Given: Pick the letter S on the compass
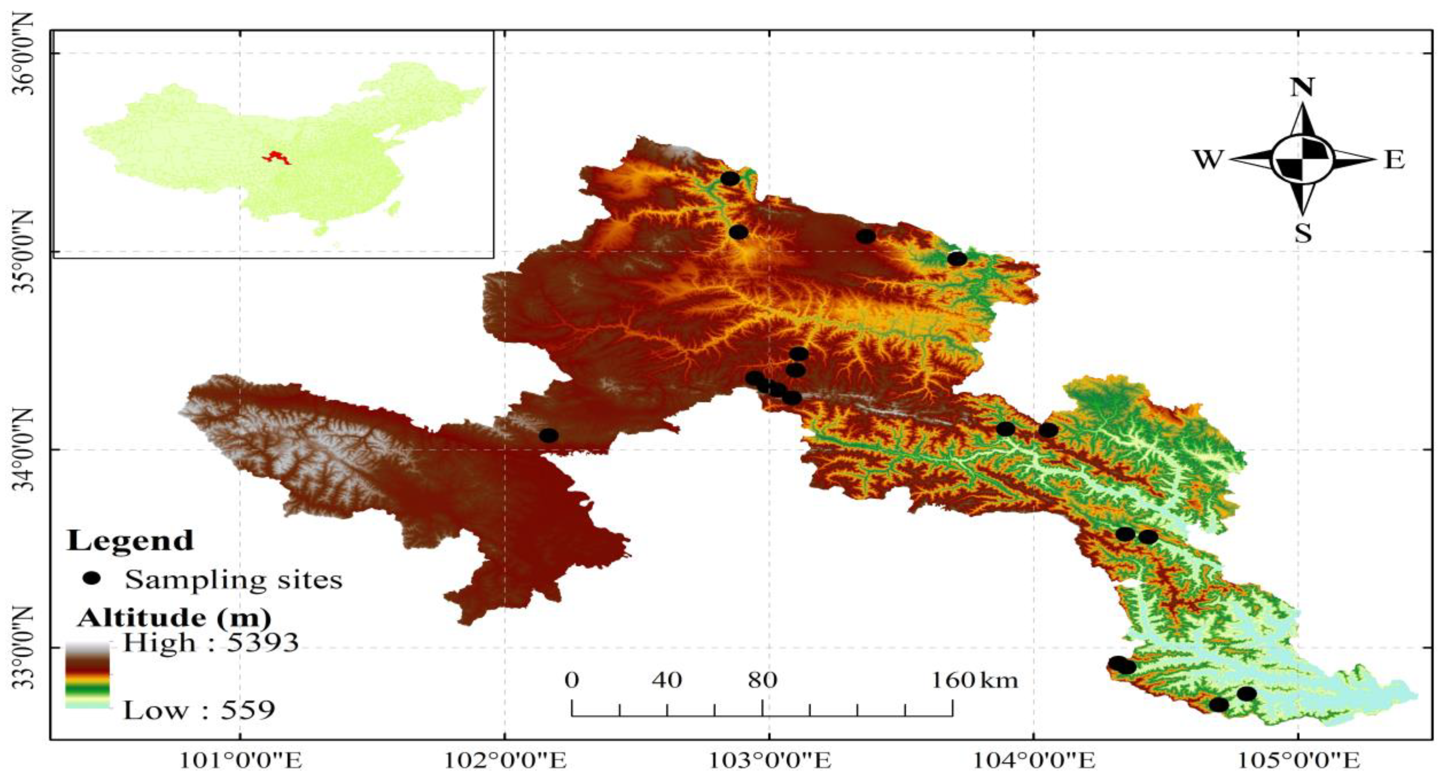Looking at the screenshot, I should coord(1302,232).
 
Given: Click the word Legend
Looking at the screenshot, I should coord(130,540).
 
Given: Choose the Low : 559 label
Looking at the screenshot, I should coord(199,711).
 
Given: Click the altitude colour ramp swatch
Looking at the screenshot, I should coord(87,675).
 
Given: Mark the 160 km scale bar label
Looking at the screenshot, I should coord(974,680).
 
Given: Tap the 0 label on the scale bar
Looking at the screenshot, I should coord(571,680).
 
